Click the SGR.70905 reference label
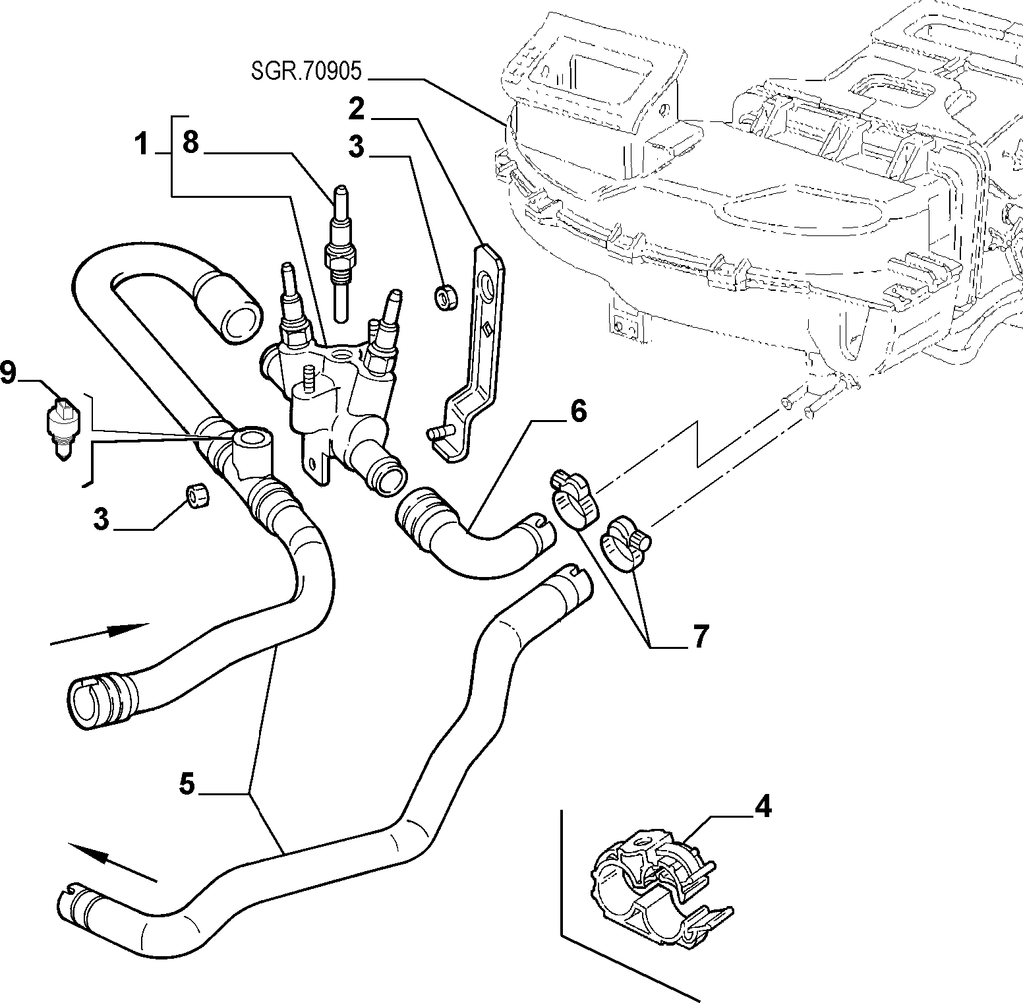pyautogui.click(x=307, y=71)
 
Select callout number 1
pyautogui.click(x=141, y=144)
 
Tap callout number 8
pyautogui.click(x=190, y=142)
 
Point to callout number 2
pyautogui.click(x=357, y=109)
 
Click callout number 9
pyautogui.click(x=8, y=374)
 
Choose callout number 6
pyautogui.click(x=577, y=412)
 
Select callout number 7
pyautogui.click(x=699, y=637)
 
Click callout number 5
pyautogui.click(x=187, y=785)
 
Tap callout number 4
pyautogui.click(x=763, y=807)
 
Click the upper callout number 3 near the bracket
pyautogui.click(x=356, y=147)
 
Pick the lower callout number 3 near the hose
pyautogui.click(x=100, y=520)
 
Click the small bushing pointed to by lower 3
pyautogui.click(x=197, y=495)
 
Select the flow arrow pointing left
pyautogui.click(x=112, y=861)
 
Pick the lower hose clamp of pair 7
pyautogui.click(x=624, y=542)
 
